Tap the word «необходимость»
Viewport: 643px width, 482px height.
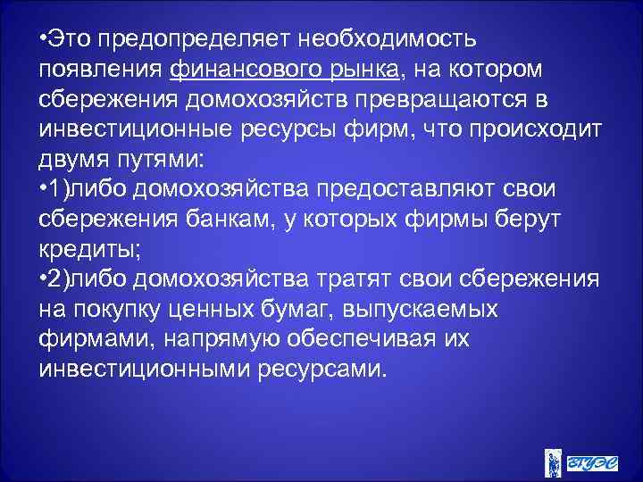point(388,40)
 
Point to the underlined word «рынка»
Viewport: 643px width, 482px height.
point(363,69)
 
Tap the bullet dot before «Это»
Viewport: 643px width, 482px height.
point(43,40)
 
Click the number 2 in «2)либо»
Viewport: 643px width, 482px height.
point(58,280)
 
